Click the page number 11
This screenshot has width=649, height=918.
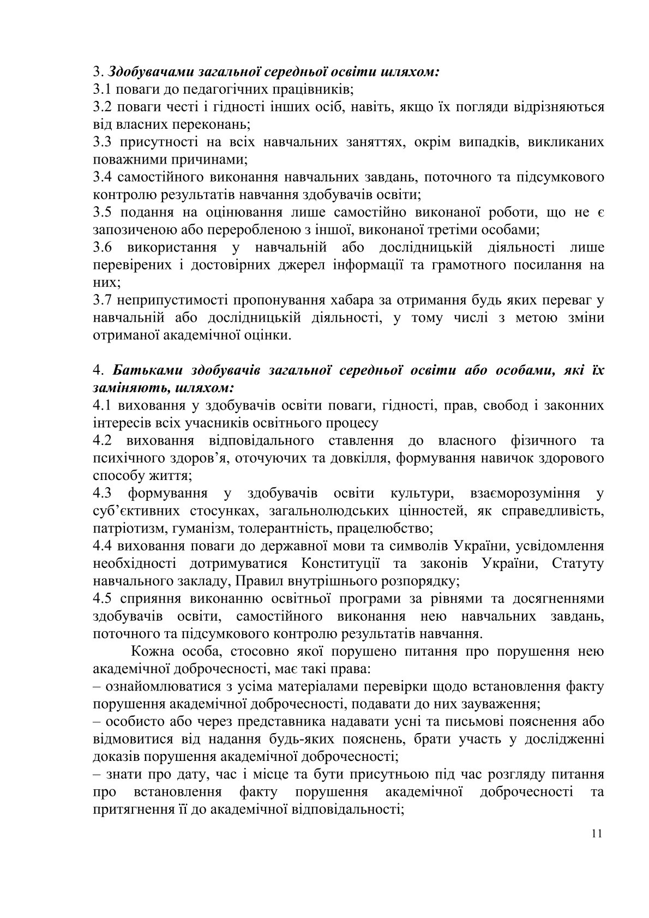coord(596,849)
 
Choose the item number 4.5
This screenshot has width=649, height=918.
coord(103,598)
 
